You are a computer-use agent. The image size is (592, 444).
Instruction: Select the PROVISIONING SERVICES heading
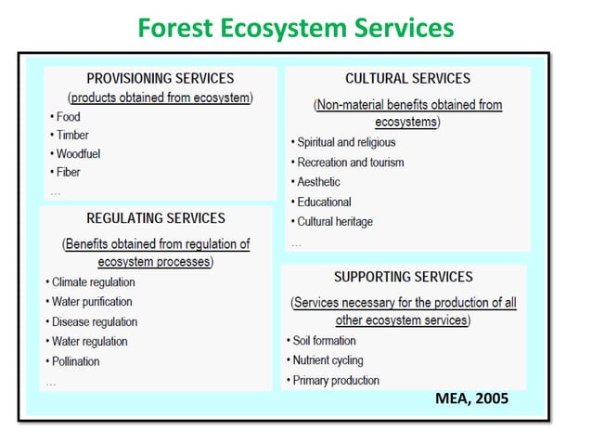(161, 79)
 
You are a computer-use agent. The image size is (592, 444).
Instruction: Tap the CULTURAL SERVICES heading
(407, 79)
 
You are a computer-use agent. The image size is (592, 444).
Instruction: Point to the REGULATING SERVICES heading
(156, 218)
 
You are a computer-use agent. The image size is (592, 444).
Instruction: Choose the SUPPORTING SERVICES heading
(403, 277)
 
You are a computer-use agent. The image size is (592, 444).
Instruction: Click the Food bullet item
(67, 117)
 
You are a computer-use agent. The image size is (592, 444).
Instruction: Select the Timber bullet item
(71, 136)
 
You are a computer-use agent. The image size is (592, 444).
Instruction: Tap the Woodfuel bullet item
(76, 153)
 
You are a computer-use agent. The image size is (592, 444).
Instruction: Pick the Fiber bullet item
(67, 172)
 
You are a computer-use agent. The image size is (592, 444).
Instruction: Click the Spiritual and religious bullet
(344, 142)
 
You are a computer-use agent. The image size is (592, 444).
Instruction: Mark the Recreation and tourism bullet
(349, 163)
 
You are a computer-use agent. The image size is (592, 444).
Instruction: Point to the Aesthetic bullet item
(317, 182)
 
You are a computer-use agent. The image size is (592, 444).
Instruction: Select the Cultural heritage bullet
(333, 222)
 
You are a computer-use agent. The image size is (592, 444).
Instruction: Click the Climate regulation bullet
(92, 282)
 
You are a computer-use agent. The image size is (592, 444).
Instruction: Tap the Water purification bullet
(90, 302)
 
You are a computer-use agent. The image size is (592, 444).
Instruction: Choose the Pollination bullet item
(74, 361)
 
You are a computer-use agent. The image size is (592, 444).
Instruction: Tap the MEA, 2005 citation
(471, 399)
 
